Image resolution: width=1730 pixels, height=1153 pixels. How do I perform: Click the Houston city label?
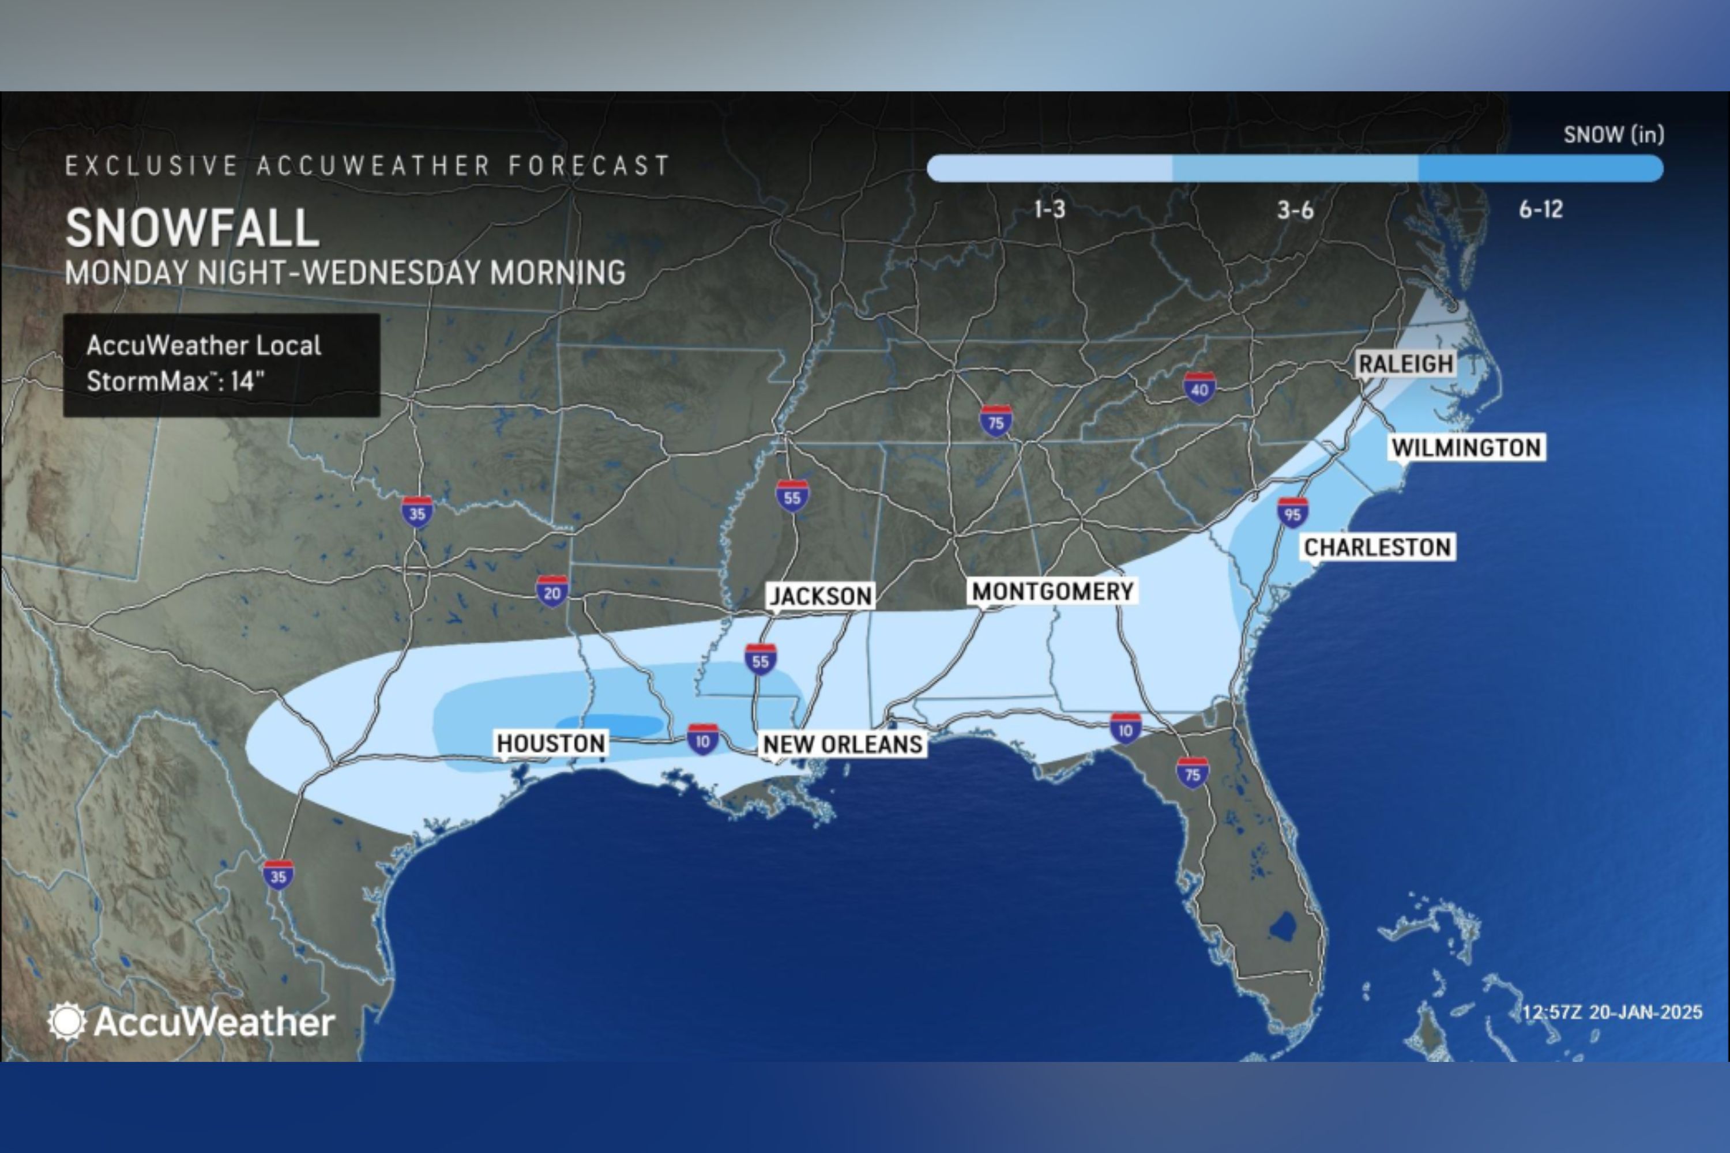click(551, 744)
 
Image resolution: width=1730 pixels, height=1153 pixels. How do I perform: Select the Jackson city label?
click(820, 596)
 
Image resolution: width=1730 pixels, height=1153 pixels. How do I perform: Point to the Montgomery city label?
click(1052, 591)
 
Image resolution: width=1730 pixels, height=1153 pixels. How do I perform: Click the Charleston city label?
click(1377, 547)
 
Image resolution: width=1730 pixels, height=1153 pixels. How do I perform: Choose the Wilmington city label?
click(1466, 447)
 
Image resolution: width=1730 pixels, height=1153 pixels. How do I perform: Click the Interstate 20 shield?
click(552, 592)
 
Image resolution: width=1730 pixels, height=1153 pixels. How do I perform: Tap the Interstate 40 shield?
click(1199, 388)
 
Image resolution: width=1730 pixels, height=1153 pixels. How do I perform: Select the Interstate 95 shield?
click(1292, 513)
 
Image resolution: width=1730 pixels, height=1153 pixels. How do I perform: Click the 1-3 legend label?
click(1050, 210)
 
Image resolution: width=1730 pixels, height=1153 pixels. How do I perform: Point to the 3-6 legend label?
click(1295, 211)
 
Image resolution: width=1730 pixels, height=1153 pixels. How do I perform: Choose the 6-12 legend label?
click(1540, 210)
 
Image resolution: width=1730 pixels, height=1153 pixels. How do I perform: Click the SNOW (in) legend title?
click(1613, 134)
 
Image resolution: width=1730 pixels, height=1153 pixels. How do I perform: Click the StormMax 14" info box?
click(221, 365)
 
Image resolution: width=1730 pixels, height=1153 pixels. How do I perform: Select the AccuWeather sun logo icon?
click(66, 1022)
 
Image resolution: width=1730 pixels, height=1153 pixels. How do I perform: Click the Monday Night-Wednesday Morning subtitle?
click(345, 273)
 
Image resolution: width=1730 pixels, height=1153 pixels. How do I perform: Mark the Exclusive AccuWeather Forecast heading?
click(367, 165)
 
